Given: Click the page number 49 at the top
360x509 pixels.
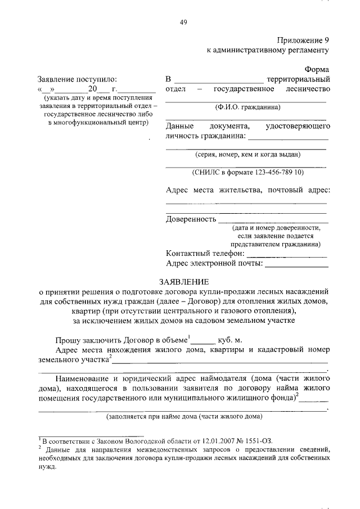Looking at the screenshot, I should [x=183, y=22].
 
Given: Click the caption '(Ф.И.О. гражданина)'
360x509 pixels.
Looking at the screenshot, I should [x=246, y=107].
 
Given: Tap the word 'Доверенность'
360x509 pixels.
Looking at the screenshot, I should [x=191, y=219].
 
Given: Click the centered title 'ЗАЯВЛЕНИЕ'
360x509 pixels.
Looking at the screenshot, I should [x=183, y=281].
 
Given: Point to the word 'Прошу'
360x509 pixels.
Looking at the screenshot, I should [x=68, y=340].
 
